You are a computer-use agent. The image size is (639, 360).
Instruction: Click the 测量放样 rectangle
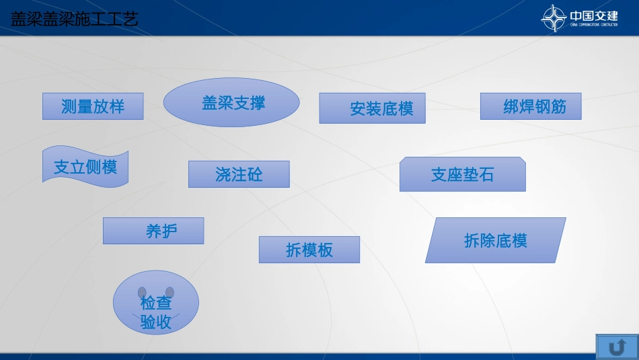(x=93, y=106)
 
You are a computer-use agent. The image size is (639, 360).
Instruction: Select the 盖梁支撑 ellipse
(x=231, y=102)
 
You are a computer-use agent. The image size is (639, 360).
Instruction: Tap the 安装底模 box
(x=372, y=108)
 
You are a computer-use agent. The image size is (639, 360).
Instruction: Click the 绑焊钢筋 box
(x=530, y=106)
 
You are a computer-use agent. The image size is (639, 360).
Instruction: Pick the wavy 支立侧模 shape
(x=85, y=166)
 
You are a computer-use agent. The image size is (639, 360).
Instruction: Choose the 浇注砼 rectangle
(x=239, y=174)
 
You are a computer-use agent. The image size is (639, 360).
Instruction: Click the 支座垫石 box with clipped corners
(x=462, y=174)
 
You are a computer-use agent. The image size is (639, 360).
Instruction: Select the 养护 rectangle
(x=153, y=231)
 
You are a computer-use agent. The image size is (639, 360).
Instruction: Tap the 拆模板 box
(x=309, y=250)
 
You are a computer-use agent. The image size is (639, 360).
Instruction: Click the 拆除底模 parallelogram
(x=495, y=240)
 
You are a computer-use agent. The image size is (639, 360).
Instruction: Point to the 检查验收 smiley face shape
(x=155, y=303)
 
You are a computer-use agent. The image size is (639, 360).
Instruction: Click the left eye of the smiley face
(x=143, y=292)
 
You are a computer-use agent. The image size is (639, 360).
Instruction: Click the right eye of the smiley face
(x=170, y=292)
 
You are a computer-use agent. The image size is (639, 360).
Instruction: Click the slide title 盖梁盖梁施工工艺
(x=74, y=19)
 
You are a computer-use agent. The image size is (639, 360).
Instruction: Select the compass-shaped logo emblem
(x=554, y=18)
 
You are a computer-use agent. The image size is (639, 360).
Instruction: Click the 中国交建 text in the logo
(x=593, y=15)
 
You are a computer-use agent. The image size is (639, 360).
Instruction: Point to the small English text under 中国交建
(x=593, y=25)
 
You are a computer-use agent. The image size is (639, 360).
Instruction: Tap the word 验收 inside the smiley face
(x=155, y=322)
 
